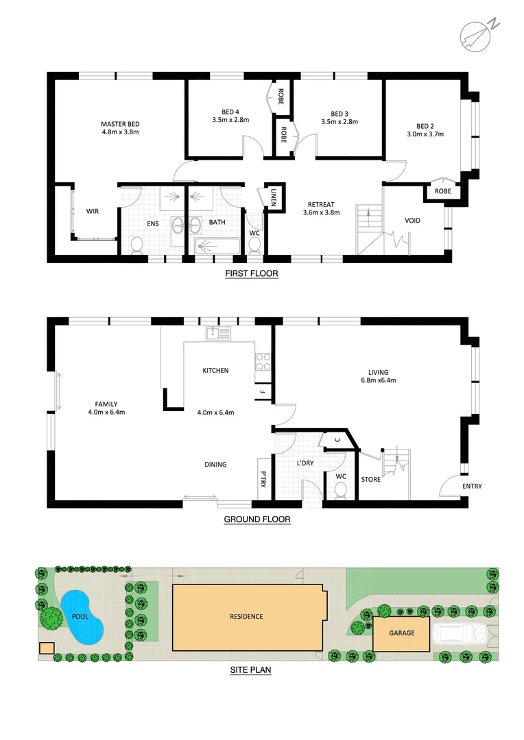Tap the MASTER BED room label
tap(120, 124)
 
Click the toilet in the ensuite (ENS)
tap(136, 245)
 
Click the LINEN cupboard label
tap(273, 197)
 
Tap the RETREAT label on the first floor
tap(321, 204)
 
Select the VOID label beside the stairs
tap(412, 221)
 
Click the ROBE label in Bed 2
tap(442, 191)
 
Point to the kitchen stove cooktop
tap(263, 361)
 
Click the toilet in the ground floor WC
tap(339, 491)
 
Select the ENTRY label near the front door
tap(471, 486)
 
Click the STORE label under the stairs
tap(370, 480)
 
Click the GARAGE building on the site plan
tap(402, 633)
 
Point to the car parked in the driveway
tap(460, 634)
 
